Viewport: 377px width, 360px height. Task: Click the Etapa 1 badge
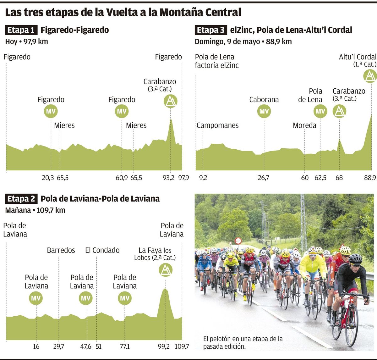[x=21, y=30]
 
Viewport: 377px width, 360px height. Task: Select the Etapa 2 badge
[x=21, y=199]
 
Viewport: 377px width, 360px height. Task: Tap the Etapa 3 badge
[x=211, y=30]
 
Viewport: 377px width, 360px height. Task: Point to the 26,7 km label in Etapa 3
[x=263, y=178]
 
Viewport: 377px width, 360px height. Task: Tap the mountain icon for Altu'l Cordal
[x=370, y=76]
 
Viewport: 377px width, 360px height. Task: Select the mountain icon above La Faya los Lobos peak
[x=165, y=270]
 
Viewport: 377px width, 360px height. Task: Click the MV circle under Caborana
[x=264, y=111]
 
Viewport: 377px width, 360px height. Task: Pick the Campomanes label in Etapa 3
[x=217, y=125]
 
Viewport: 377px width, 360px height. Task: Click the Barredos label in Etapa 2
[x=61, y=250]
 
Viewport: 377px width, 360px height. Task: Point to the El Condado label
[x=102, y=250]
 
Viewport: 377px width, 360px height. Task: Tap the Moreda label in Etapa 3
[x=304, y=125]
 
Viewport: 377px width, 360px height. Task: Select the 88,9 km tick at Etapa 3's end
[x=370, y=178]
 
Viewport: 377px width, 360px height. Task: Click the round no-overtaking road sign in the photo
[x=238, y=241]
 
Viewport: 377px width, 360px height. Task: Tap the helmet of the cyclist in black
[x=355, y=258]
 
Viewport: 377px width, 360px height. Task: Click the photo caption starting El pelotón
[x=243, y=342]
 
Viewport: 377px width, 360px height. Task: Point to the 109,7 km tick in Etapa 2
[x=182, y=346]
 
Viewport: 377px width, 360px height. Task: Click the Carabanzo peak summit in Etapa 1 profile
[x=171, y=120]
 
